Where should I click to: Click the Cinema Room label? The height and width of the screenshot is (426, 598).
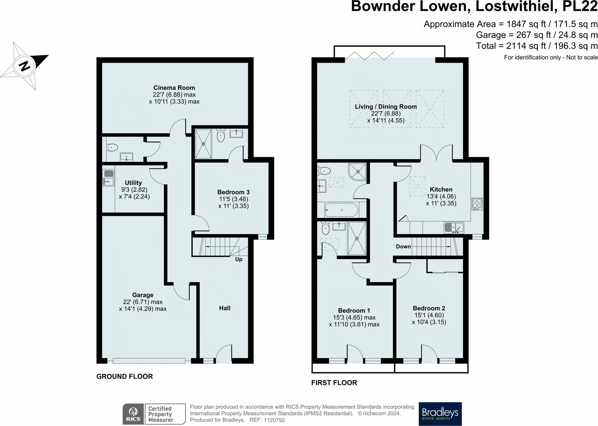(x=174, y=88)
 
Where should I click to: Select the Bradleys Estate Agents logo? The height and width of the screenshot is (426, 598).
(x=440, y=414)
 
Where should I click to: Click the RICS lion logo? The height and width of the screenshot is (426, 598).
(x=133, y=414)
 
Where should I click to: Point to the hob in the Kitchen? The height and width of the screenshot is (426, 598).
(x=477, y=204)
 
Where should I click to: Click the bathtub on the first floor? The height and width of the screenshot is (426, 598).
(x=342, y=210)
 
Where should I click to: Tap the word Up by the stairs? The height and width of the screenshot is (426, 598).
(x=239, y=259)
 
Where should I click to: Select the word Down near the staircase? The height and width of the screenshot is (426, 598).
(x=404, y=246)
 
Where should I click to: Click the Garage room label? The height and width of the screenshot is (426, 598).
(x=143, y=295)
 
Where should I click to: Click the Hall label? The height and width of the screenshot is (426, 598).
(x=225, y=308)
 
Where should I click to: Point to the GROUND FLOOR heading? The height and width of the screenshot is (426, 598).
(x=125, y=376)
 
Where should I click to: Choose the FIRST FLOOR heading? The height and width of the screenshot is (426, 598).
(x=334, y=383)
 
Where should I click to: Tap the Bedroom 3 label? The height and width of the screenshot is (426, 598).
(x=233, y=192)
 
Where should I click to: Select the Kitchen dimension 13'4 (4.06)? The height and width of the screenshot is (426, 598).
(x=441, y=196)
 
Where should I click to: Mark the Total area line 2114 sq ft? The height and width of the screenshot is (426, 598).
(x=537, y=46)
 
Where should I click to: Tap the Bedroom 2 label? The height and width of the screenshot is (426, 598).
(x=429, y=308)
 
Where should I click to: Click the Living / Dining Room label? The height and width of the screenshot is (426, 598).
(x=386, y=106)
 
